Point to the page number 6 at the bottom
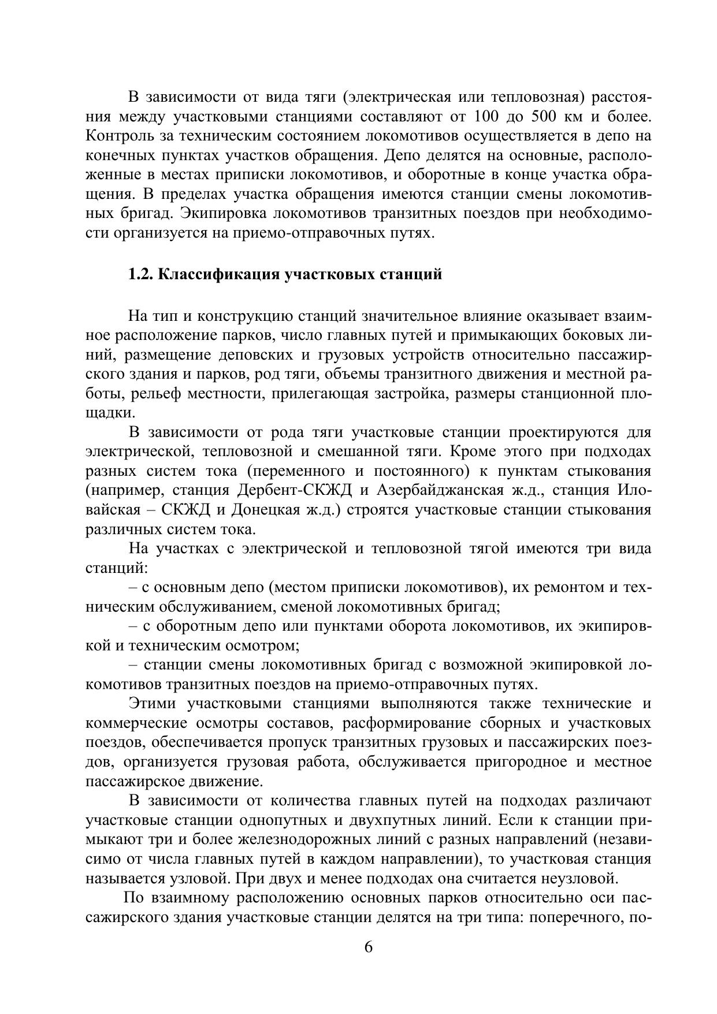coord(369,948)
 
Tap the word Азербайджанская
coord(440,490)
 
